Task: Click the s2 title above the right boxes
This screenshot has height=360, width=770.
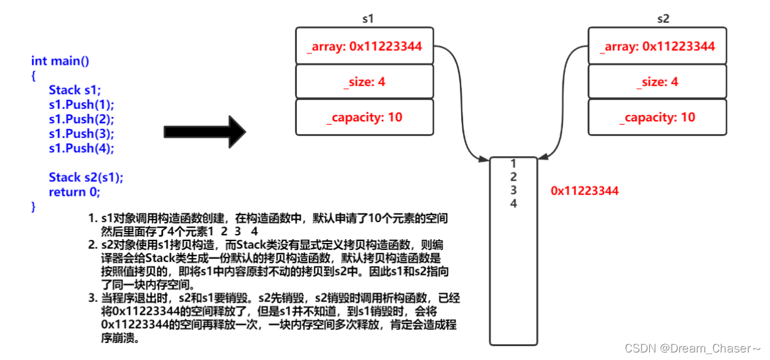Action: coord(663,19)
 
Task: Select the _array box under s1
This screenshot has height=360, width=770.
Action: coord(365,46)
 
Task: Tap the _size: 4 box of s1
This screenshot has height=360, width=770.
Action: coord(365,82)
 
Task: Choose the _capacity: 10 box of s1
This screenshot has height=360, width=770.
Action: coord(365,117)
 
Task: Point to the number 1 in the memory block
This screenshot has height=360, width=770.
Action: coord(513,163)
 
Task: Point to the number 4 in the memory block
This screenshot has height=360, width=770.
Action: coord(513,203)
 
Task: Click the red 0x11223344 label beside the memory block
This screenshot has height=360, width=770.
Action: coord(584,191)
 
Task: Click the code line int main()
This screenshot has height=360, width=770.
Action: coord(60,61)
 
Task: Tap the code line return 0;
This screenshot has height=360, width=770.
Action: coord(74,191)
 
